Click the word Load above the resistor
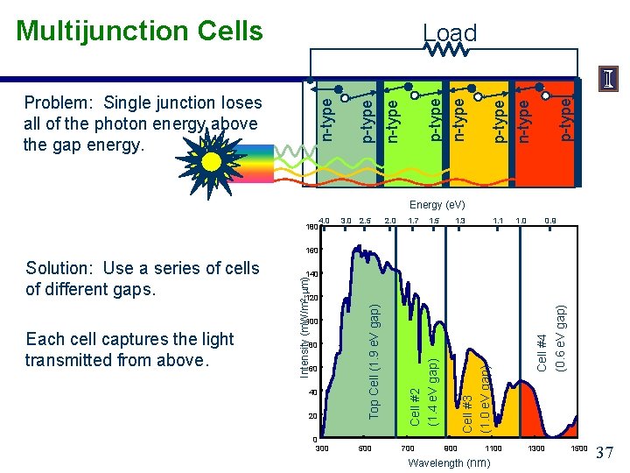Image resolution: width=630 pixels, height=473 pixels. coord(450,33)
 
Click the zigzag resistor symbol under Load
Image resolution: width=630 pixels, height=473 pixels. coord(450,52)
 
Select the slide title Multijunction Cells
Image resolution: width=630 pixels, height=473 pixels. coord(139,31)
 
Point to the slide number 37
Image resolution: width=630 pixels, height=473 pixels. coord(605,453)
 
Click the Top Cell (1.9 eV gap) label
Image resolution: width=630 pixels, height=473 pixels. coord(374,361)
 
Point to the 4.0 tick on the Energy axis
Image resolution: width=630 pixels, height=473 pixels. coord(324,220)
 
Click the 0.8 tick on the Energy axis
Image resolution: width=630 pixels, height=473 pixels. coord(549,220)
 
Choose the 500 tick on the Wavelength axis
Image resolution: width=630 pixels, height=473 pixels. coord(365,448)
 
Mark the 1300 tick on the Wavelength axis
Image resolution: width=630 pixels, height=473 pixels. coord(535,448)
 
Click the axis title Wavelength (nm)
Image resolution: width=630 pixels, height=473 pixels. coord(449,462)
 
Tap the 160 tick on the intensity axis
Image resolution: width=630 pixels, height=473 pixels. coord(311,251)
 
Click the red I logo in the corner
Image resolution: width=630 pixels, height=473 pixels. coord(608,79)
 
